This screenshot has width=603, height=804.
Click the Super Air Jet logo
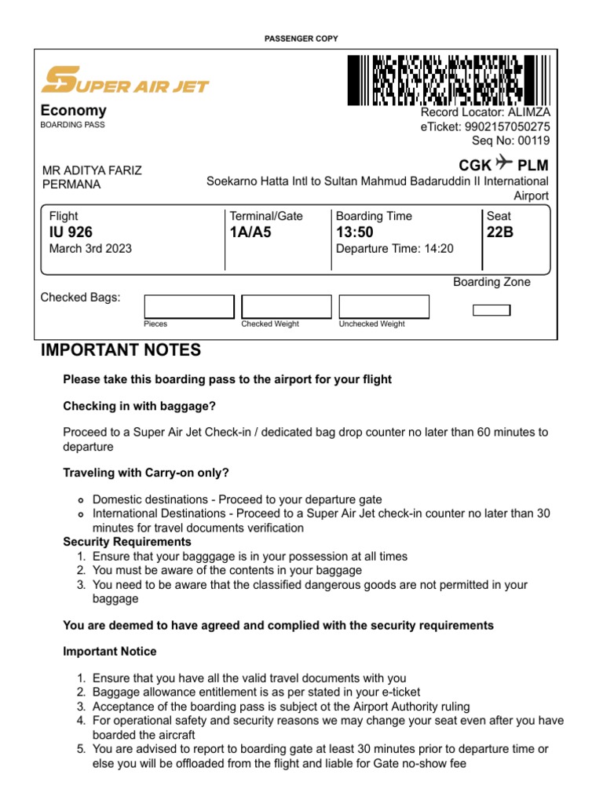(125, 80)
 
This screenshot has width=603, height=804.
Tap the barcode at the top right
(448, 80)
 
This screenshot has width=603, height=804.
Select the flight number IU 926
(71, 232)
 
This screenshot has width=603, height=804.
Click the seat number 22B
(500, 232)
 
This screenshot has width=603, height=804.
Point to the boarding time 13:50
(355, 232)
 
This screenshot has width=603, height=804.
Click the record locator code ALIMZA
(529, 112)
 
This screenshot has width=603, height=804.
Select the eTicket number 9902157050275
(508, 126)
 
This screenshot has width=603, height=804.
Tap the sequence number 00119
(532, 141)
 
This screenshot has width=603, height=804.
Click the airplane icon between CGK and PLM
(504, 164)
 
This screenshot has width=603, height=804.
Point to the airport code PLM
(532, 166)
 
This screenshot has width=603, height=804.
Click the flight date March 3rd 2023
(90, 249)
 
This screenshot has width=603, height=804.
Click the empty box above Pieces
(188, 306)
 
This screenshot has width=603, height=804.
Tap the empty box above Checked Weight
(286, 306)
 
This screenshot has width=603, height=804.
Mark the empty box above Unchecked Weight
(383, 306)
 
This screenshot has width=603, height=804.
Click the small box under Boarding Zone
(492, 310)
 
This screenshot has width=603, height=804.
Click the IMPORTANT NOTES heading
(121, 350)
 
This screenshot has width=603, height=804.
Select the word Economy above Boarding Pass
(73, 111)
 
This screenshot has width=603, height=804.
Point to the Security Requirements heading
(127, 542)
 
